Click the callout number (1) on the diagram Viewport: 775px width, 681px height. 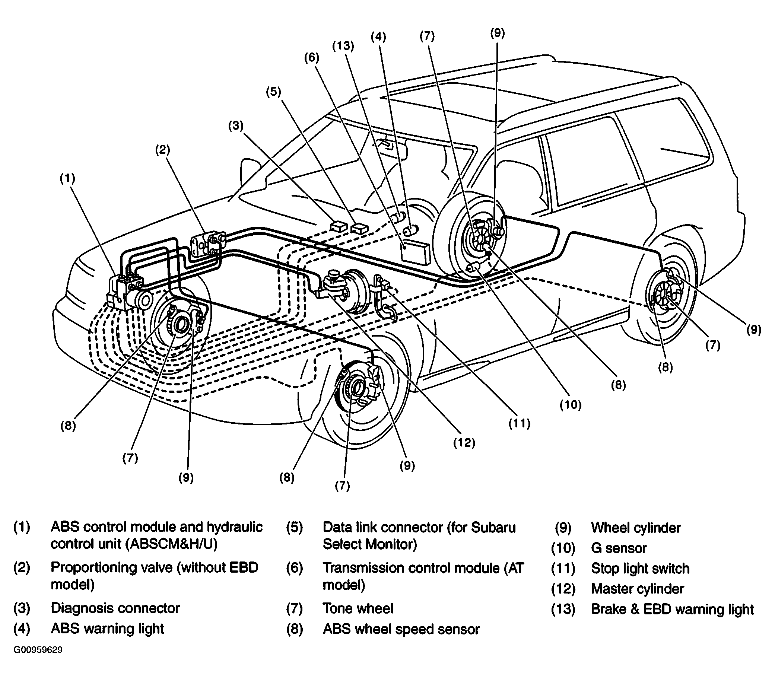click(67, 179)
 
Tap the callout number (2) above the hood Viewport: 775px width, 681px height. click(163, 150)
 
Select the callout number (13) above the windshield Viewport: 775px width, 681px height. click(343, 46)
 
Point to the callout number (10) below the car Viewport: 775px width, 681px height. click(571, 405)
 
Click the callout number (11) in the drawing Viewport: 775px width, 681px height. click(520, 423)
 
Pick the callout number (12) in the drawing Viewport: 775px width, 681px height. click(464, 442)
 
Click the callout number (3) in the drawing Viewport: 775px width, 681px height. click(236, 126)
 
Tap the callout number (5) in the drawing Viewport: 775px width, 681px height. click(273, 92)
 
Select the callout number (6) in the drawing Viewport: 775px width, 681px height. click(311, 58)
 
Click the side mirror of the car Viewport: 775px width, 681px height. click(249, 170)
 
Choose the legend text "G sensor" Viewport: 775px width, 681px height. click(619, 548)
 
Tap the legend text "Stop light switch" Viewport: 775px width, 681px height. click(640, 569)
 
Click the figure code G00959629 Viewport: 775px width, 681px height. click(38, 650)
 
